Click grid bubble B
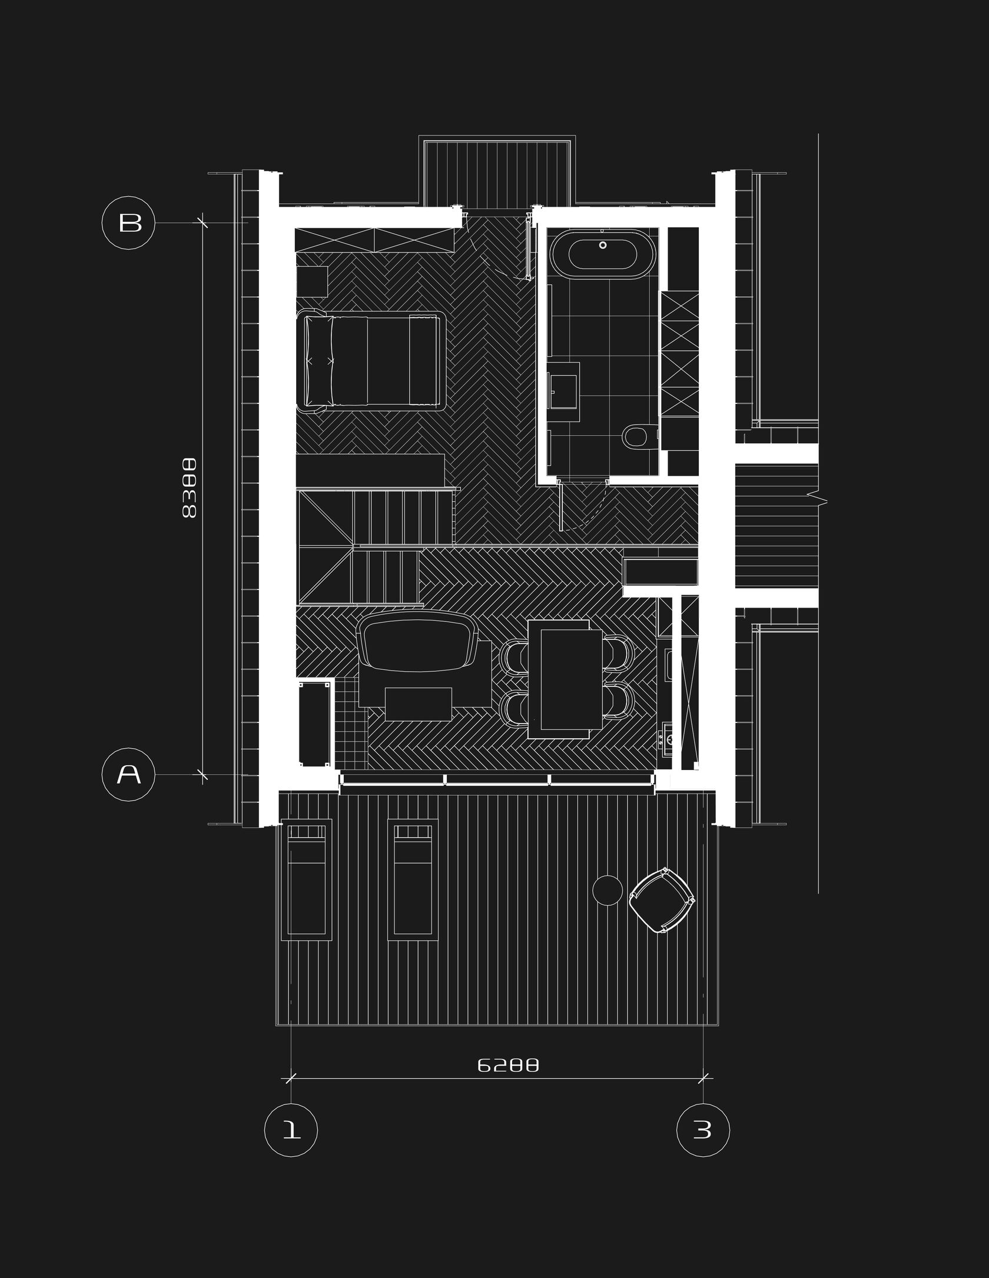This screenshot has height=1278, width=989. (x=129, y=223)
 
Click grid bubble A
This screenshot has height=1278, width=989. (x=129, y=775)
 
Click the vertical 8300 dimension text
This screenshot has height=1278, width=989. (x=189, y=489)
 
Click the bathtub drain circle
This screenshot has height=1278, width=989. (x=603, y=245)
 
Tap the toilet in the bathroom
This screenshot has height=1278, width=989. (x=635, y=436)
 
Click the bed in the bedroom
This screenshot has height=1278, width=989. (x=373, y=360)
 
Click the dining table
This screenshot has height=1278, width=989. (x=565, y=679)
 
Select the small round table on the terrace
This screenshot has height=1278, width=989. (x=607, y=889)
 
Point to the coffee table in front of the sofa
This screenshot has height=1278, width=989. (x=418, y=703)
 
